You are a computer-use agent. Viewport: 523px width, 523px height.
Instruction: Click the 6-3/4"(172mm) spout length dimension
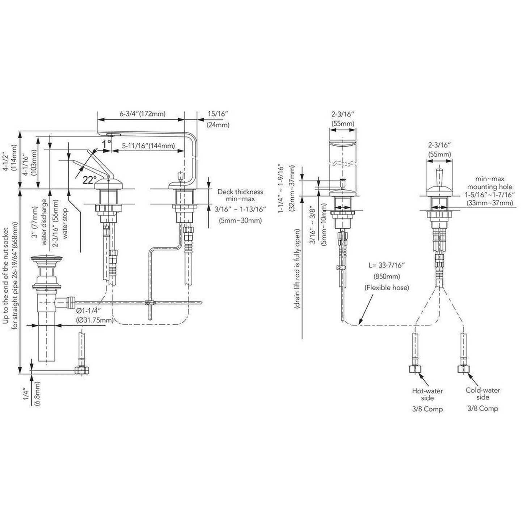pyautogui.click(x=143, y=114)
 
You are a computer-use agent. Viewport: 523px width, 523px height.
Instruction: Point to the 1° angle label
pyautogui.click(x=107, y=144)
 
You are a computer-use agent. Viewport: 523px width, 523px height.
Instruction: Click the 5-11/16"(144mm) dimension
pyautogui.click(x=148, y=146)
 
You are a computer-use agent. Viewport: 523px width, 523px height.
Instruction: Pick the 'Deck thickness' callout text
pyautogui.click(x=240, y=192)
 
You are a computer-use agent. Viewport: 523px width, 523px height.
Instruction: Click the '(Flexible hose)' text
pyautogui.click(x=387, y=287)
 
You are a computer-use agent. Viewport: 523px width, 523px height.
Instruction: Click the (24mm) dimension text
pyautogui.click(x=218, y=125)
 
